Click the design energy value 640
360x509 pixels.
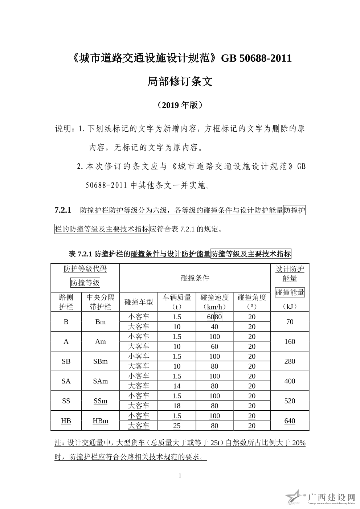coord(290,421)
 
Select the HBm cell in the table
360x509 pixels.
coord(101,421)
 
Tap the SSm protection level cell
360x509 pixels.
coord(101,401)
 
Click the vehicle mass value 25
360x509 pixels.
coord(177,426)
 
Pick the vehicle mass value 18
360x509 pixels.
coord(177,406)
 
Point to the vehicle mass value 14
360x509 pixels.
coord(177,386)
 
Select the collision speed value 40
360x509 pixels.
coord(214,327)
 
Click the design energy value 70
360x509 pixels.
coord(290,322)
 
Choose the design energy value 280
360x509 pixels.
coord(290,361)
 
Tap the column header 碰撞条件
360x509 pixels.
coord(195,278)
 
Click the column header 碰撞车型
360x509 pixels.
coord(139,302)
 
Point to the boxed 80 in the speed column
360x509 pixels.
coord(218,317)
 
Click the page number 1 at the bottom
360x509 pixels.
coord(180,476)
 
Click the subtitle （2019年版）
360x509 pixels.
coord(180,105)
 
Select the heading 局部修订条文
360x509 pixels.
coord(180,82)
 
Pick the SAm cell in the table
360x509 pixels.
coord(101,381)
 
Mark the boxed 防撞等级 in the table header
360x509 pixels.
coord(85,283)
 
